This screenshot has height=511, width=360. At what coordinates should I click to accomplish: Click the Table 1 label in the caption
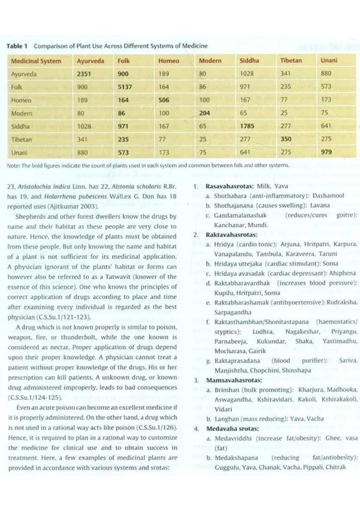17,46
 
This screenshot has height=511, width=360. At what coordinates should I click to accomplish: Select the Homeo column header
168,60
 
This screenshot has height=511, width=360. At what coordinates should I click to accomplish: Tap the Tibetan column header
291,60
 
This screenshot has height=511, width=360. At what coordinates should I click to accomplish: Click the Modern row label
22,113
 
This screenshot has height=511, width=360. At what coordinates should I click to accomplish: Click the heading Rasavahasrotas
229,186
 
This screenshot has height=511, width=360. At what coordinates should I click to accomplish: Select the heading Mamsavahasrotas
234,380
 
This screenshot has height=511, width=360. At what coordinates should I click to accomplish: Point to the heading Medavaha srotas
232,428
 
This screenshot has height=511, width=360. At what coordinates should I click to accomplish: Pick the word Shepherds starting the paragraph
31,217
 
